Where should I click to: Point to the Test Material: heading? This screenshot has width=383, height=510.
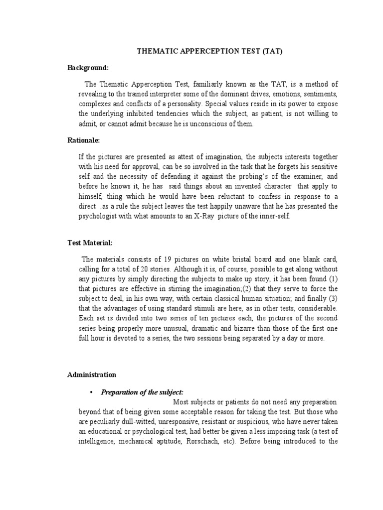90,243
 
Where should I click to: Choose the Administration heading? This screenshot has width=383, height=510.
92,375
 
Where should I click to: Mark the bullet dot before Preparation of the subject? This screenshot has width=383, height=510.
92,392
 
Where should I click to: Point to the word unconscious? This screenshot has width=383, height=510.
204,124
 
